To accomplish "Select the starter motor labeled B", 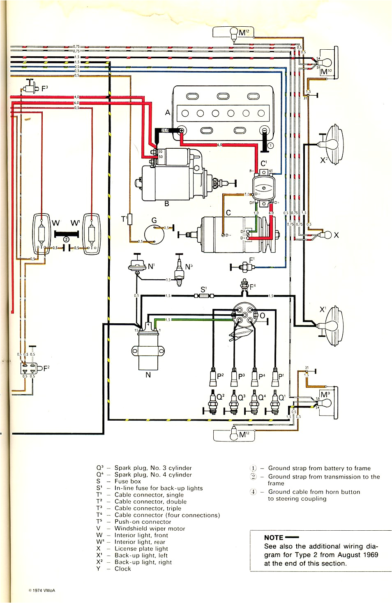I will coord(173,181).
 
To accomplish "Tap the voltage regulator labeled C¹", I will coord(263,187).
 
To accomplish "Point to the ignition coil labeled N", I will coord(148,349).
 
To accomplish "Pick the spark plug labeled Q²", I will coord(212,403).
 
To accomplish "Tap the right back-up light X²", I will coord(333,144).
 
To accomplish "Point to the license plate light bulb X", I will coord(326,235).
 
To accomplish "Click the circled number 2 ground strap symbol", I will coord(66,239).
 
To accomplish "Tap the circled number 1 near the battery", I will coord(270,145).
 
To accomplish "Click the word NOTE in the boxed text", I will coord(274,537).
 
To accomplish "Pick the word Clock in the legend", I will coord(122,569).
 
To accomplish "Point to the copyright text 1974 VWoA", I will coord(42,591).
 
